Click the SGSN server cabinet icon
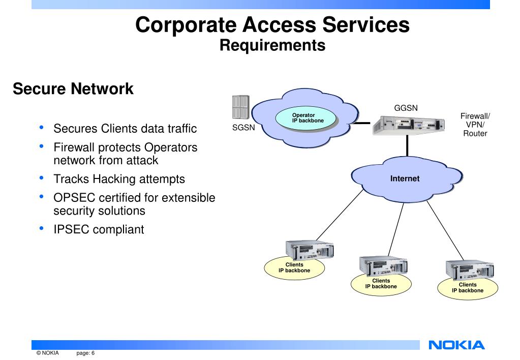point(240,108)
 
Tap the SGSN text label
point(243,128)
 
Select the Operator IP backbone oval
point(307,118)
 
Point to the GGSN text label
point(406,107)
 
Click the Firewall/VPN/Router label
point(475,125)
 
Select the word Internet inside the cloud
point(405,178)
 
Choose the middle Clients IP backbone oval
point(381,283)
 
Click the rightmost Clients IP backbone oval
point(468,288)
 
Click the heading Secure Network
point(73,89)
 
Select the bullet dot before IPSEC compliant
point(41,228)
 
